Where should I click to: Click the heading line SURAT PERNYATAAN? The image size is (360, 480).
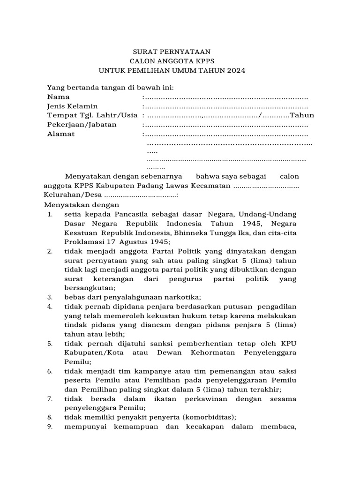point(171,52)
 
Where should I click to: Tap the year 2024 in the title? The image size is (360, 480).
point(236,70)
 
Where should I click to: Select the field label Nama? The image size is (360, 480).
point(59,97)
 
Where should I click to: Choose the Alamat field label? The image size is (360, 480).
point(61,134)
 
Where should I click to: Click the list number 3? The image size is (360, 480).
point(50,297)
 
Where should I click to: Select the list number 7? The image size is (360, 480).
point(50,399)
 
